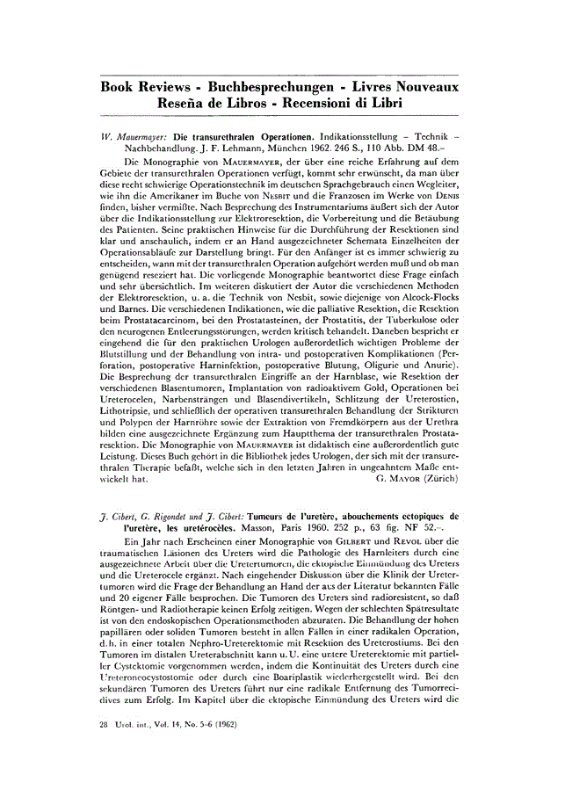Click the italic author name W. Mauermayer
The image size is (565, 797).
pyautogui.click(x=133, y=138)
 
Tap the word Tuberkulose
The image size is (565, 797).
pyautogui.click(x=402, y=333)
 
